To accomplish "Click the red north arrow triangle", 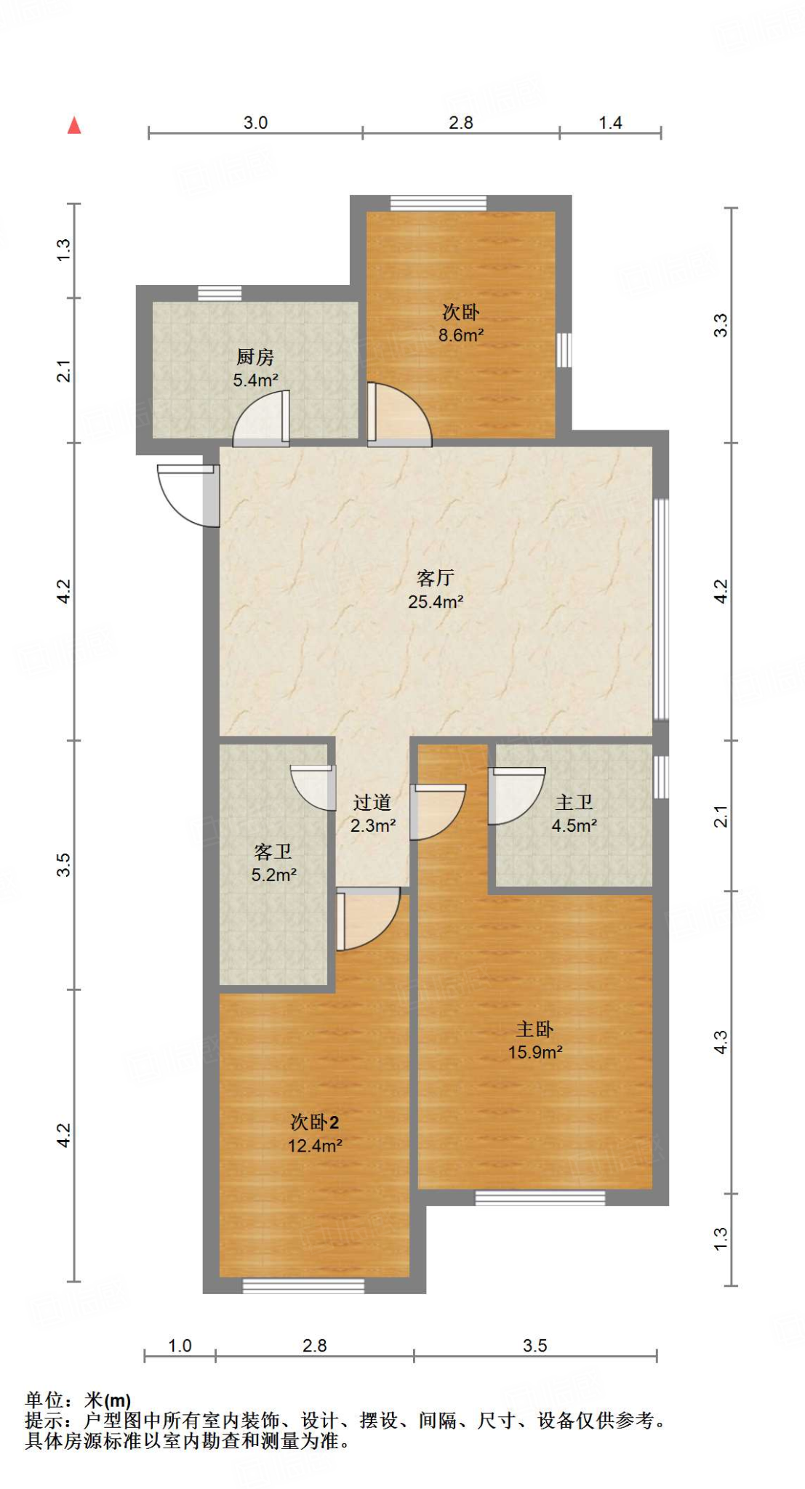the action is point(74,126).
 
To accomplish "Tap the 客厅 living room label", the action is point(436,578).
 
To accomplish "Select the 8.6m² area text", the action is point(461,335).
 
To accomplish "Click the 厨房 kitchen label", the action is point(255,357).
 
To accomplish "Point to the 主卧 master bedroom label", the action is point(534,1029).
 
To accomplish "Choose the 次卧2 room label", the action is point(315,1122).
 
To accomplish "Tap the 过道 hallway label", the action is point(372,802).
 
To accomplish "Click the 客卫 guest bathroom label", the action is point(273,851).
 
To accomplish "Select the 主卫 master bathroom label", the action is point(574,802).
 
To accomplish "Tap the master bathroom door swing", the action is point(516,795).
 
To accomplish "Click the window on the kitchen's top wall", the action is point(220,293).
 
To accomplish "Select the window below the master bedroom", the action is point(540,1197).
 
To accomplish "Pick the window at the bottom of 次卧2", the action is point(303,1286).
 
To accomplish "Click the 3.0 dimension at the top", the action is point(255,122).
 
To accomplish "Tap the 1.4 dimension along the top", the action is point(611,122).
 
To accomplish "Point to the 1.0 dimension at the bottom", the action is point(180,1346).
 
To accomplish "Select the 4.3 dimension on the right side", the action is point(720,1043).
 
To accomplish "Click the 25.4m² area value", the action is point(436,601).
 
